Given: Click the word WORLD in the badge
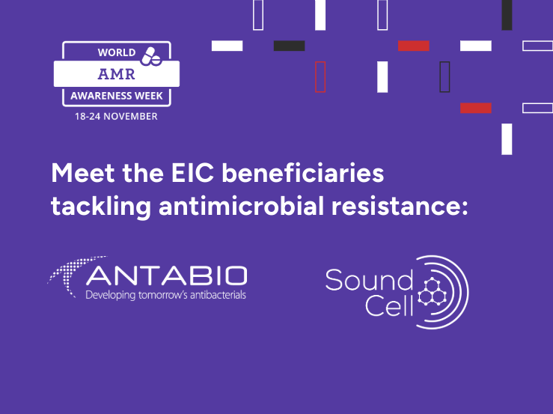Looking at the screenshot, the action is click(x=117, y=52).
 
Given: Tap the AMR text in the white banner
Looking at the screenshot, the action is click(x=117, y=74).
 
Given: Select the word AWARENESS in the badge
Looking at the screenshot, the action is click(x=101, y=96).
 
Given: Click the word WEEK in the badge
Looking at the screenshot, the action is click(x=148, y=96).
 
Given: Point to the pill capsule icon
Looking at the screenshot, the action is click(x=151, y=56).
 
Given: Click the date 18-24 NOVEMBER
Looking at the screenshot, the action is click(x=116, y=117).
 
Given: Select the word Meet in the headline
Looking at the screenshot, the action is click(x=83, y=173).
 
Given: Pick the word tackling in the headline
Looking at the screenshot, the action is click(x=101, y=207).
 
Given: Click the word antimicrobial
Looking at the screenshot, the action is click(x=241, y=205).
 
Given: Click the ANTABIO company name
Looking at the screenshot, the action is click(x=166, y=276).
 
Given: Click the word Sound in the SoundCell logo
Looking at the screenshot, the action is click(x=369, y=280).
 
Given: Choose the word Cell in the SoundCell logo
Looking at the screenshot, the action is click(x=389, y=305).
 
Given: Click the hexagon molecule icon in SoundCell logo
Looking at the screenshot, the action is click(x=432, y=291).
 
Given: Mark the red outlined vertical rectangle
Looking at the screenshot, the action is click(x=320, y=77).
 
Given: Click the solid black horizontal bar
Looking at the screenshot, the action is click(x=289, y=46).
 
